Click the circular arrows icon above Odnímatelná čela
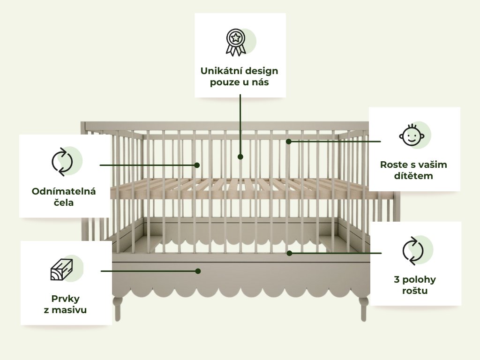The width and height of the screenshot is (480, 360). tap(62, 162)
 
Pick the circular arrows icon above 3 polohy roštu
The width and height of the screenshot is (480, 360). tap(412, 250)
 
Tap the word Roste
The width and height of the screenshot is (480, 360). tap(393, 165)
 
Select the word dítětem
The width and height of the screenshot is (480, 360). tap(413, 176)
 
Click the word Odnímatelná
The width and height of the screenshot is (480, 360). tap(64, 191)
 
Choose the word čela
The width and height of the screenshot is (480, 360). tap(64, 203)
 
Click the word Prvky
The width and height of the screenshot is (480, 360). tap(65, 298)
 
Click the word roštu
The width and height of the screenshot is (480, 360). tap(415, 291)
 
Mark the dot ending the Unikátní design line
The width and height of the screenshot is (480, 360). tap(240, 157)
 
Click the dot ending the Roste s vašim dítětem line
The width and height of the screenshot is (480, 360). tap(289, 141)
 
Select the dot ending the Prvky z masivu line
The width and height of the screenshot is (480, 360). tap(198, 271)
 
